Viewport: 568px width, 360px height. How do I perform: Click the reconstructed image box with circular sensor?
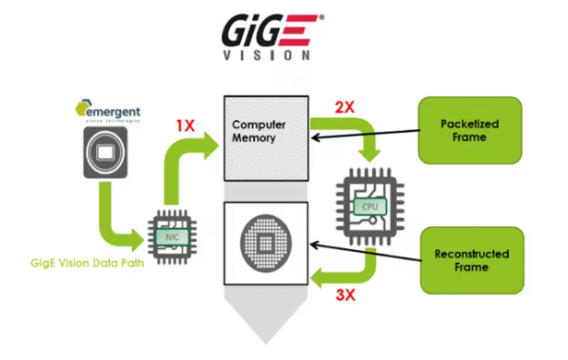tap(266, 248)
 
